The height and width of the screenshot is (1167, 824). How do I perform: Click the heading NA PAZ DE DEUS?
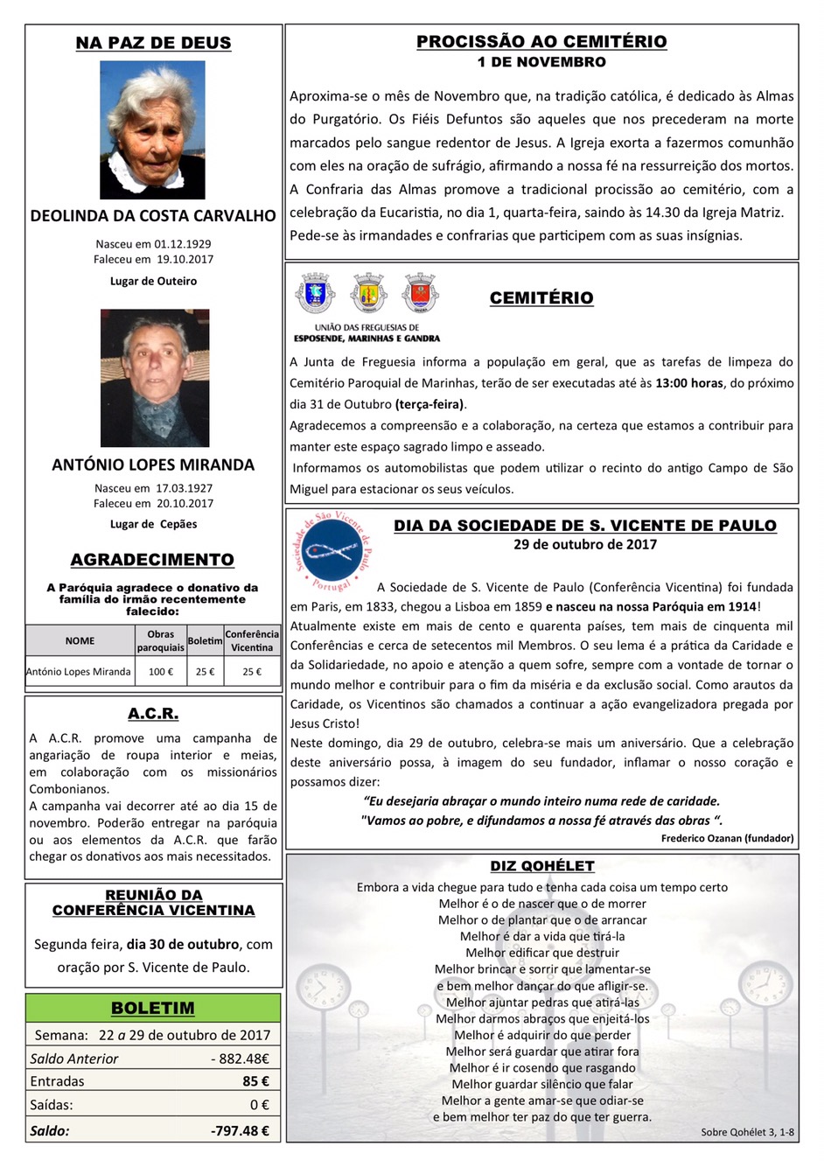pyautogui.click(x=153, y=43)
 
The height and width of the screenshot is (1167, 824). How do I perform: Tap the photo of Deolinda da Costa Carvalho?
pyautogui.click(x=153, y=129)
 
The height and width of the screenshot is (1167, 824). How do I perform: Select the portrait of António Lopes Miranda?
pyautogui.click(x=155, y=377)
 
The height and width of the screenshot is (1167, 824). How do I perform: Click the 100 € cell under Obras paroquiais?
pyautogui.click(x=160, y=672)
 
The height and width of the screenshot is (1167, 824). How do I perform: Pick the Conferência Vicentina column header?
pyautogui.click(x=252, y=640)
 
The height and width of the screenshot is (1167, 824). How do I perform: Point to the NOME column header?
pyautogui.click(x=80, y=640)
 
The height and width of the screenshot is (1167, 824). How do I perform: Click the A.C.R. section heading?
pyautogui.click(x=153, y=714)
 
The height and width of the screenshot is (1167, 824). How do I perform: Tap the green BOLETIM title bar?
pyautogui.click(x=153, y=1008)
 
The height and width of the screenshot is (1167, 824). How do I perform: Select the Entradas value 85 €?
pyautogui.click(x=255, y=1081)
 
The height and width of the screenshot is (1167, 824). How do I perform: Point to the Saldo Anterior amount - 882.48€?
pyautogui.click(x=240, y=1059)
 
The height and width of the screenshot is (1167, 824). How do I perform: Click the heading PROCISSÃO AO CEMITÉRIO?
pyautogui.click(x=541, y=41)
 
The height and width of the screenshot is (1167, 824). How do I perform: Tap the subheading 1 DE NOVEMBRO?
pyautogui.click(x=541, y=62)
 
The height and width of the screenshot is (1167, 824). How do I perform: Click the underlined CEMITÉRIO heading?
pyautogui.click(x=541, y=298)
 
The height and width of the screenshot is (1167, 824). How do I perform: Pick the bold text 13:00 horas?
pyautogui.click(x=689, y=383)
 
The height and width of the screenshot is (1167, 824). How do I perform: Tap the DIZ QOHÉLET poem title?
pyautogui.click(x=541, y=866)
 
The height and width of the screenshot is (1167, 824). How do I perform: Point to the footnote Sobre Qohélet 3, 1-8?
pyautogui.click(x=747, y=1132)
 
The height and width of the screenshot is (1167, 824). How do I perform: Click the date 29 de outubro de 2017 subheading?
pyautogui.click(x=584, y=544)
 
